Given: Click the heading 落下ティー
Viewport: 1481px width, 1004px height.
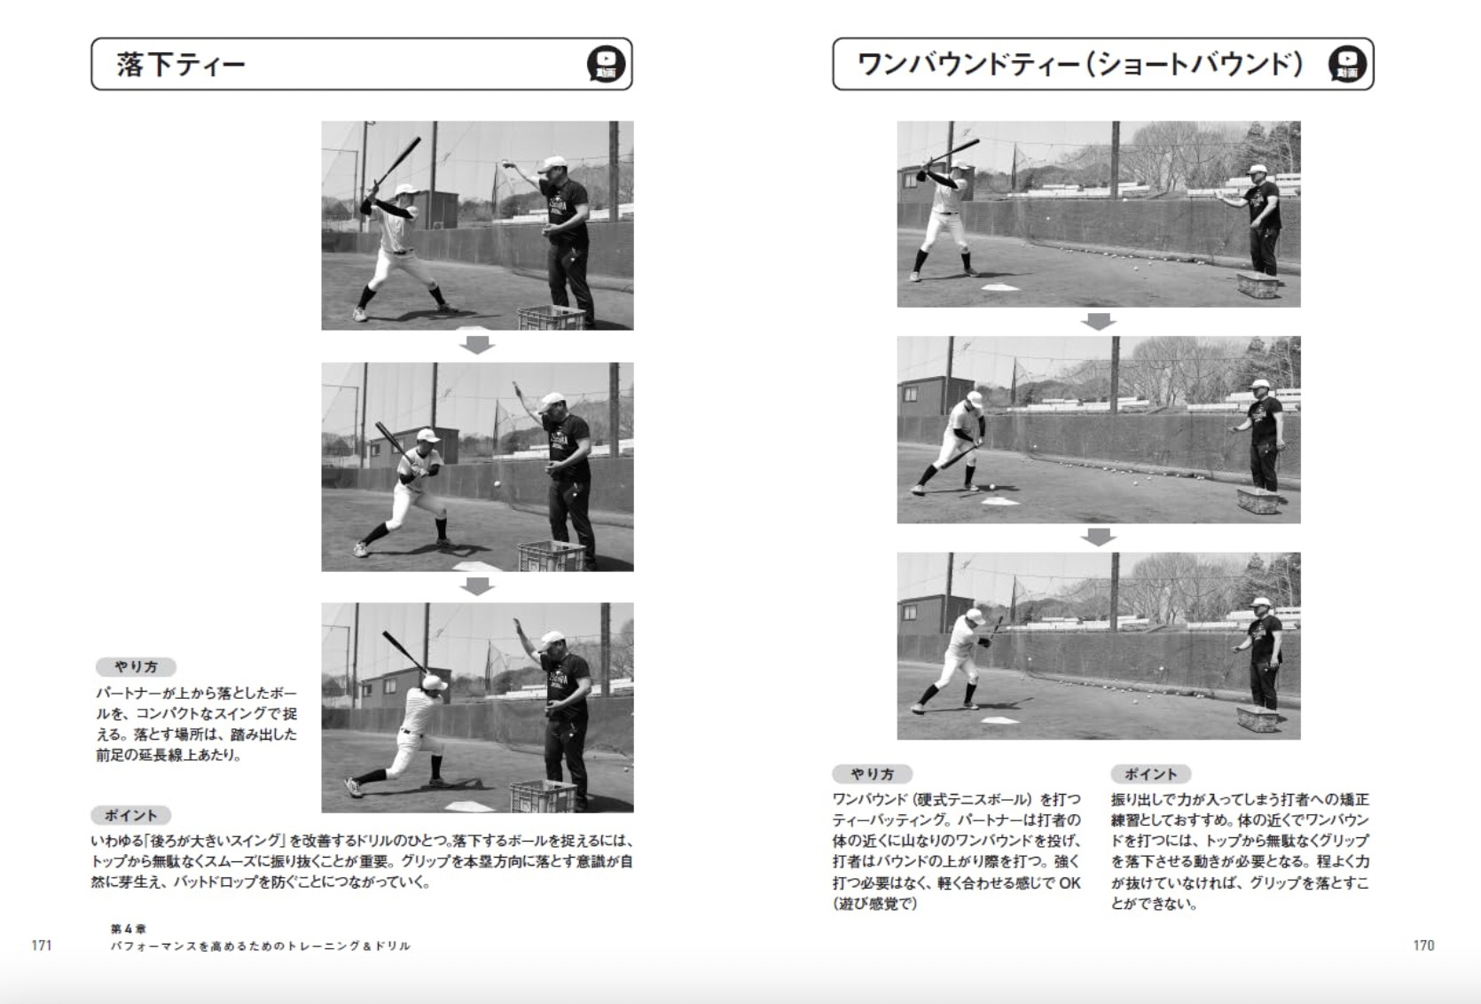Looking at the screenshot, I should (181, 65).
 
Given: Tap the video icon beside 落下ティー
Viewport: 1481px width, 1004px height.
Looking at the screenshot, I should (606, 65).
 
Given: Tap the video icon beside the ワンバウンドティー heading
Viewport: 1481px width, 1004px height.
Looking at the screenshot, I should (1347, 65).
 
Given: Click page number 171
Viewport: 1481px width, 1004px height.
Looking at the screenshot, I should (42, 945).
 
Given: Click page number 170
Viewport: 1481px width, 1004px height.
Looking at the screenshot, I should (1423, 945).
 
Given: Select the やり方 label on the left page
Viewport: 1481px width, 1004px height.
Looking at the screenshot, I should (136, 667).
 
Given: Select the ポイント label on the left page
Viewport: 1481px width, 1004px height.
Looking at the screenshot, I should (130, 815).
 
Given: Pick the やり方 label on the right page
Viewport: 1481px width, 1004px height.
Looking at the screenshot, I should (872, 774).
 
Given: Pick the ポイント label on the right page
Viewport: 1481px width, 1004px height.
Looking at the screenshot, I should (1150, 774).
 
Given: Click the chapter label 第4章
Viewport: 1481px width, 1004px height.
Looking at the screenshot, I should (129, 929).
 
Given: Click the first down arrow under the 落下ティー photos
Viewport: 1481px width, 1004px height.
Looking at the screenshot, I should (477, 345).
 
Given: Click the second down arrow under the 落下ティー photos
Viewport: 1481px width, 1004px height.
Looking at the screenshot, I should (477, 586).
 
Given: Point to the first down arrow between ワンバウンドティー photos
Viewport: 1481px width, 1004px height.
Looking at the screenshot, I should (1099, 321).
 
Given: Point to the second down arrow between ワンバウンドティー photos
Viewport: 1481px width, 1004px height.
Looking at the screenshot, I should (1099, 537).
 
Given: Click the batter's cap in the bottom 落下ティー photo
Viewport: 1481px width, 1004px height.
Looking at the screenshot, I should (435, 682).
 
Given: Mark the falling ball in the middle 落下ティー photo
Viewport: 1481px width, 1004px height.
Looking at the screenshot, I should (498, 484).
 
